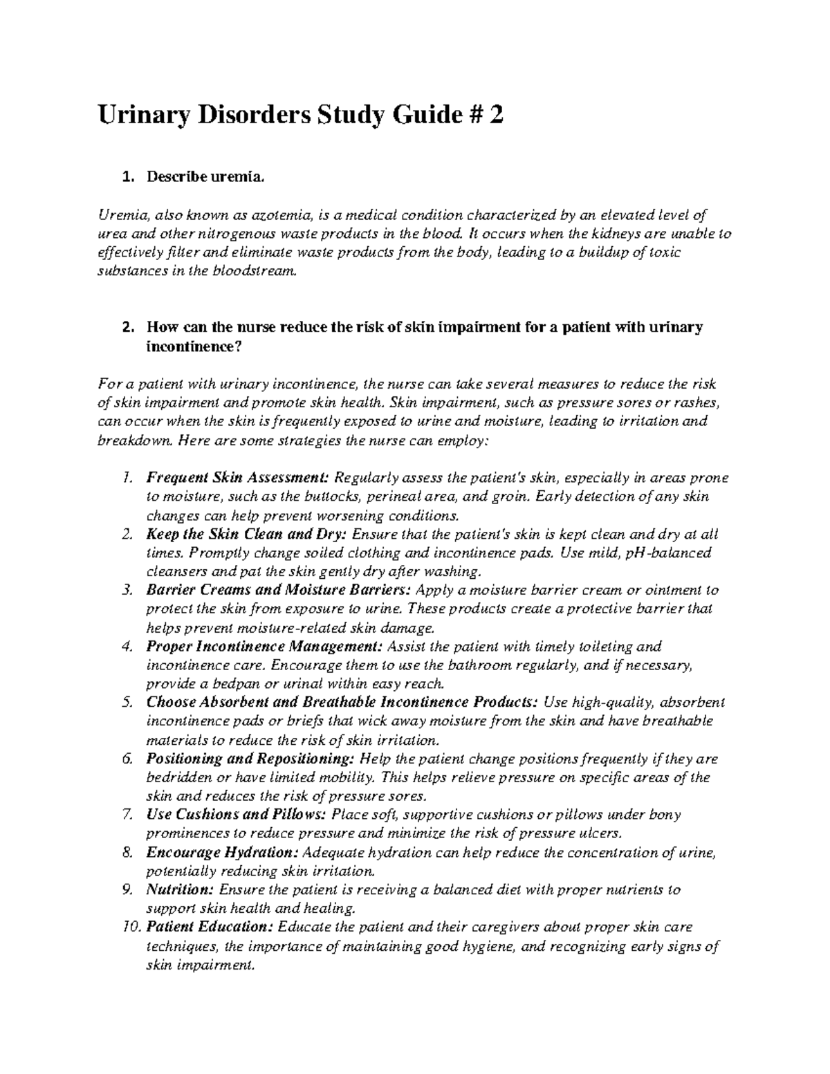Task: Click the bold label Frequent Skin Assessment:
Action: tap(238, 478)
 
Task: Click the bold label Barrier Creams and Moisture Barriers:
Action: tap(279, 590)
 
